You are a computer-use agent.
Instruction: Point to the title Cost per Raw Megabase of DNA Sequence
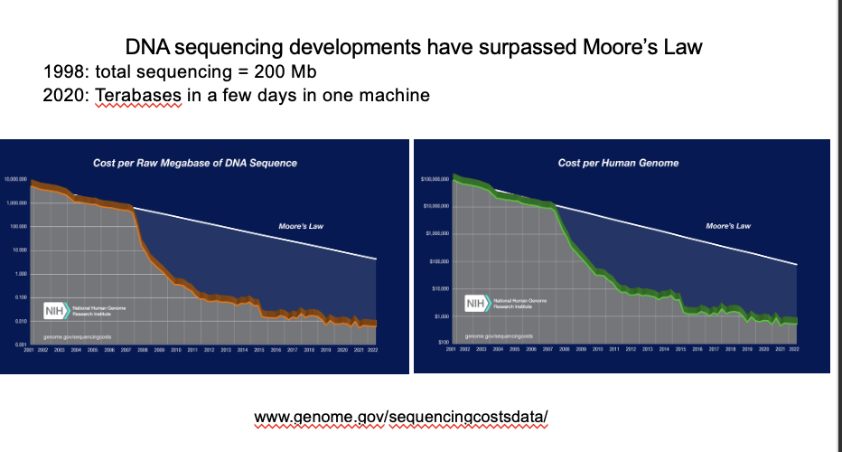coord(195,163)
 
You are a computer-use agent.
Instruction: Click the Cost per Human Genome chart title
coord(618,163)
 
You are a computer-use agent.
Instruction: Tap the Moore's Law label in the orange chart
coord(301,225)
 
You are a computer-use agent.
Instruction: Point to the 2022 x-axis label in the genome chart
coord(794,348)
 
